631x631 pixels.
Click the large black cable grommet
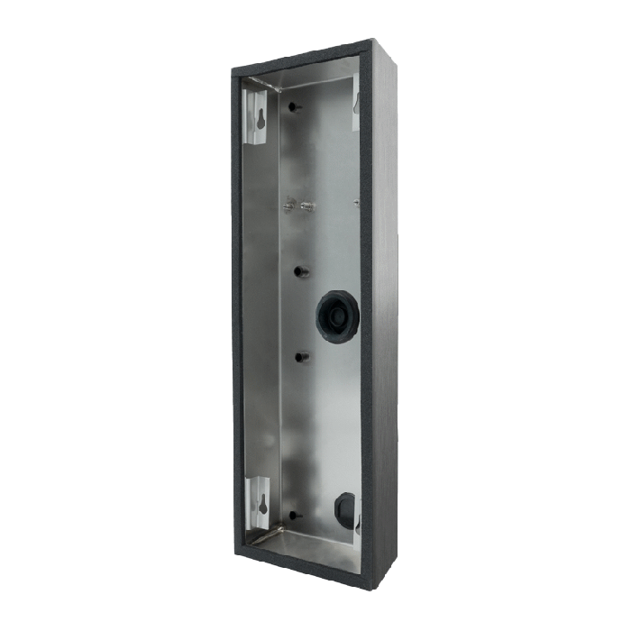pos(337,316)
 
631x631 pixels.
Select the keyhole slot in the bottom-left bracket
pos(262,503)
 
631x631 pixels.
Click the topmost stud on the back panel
pos(294,107)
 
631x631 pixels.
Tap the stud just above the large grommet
pos(299,271)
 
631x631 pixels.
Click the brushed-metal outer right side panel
pos(384,306)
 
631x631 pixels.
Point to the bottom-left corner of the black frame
pos(241,544)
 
